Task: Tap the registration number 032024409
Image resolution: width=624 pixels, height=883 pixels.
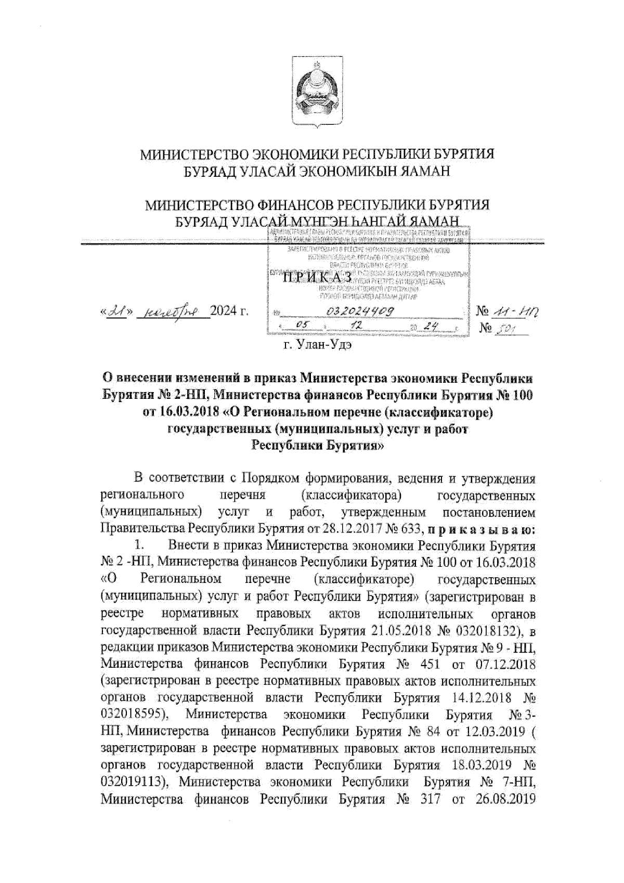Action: pyautogui.click(x=361, y=311)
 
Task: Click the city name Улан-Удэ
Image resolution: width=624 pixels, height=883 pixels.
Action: pyautogui.click(x=323, y=344)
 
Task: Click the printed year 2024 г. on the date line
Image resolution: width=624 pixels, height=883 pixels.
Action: pyautogui.click(x=229, y=311)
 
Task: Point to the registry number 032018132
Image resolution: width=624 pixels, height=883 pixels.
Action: pyautogui.click(x=491, y=631)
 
